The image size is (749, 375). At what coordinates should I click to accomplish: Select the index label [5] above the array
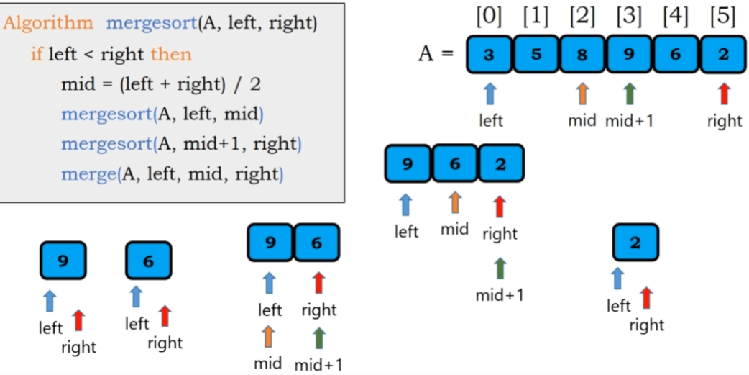(722, 17)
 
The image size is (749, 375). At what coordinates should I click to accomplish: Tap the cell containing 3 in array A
(489, 55)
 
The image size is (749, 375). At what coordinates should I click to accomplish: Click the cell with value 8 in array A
(582, 55)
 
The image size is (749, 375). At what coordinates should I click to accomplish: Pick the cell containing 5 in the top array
(536, 55)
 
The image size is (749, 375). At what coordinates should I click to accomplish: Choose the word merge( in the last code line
(88, 173)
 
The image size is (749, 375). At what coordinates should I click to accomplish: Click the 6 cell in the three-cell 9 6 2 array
(454, 163)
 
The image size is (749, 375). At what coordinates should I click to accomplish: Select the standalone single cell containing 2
(635, 243)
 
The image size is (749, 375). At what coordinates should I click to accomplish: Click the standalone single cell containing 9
(63, 260)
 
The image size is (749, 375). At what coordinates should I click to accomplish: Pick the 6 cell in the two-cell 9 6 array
(316, 243)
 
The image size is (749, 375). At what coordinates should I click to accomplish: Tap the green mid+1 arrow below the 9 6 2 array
(500, 268)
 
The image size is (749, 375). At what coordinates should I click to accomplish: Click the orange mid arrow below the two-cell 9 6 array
(269, 336)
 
